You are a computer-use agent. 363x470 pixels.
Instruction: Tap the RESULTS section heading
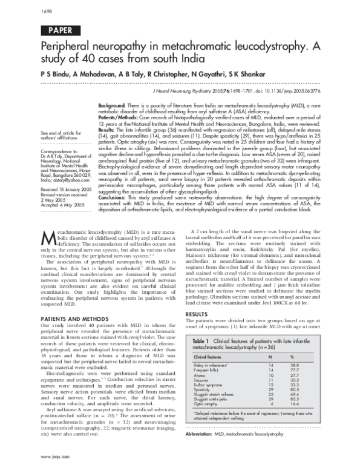click(x=204, y=315)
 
